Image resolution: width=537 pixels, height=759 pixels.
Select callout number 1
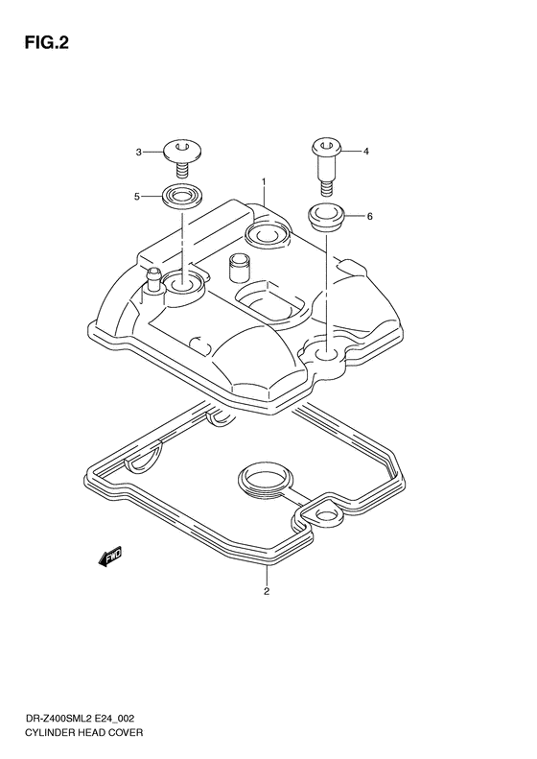pyautogui.click(x=263, y=182)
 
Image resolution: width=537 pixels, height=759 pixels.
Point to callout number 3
pyautogui.click(x=139, y=152)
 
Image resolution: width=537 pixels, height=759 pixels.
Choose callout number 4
pyautogui.click(x=365, y=152)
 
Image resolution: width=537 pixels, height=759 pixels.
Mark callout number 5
pyautogui.click(x=139, y=197)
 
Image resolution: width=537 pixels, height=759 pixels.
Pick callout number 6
pyautogui.click(x=369, y=217)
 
